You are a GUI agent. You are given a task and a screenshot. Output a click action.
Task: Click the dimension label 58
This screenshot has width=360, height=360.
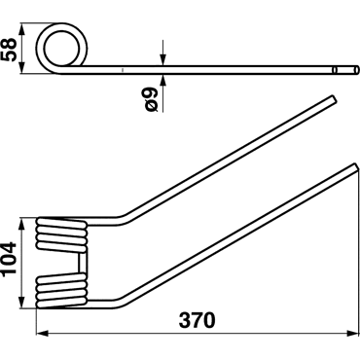pyautogui.click(x=9, y=49)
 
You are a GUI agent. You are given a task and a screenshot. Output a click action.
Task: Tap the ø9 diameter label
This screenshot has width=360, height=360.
pyautogui.click(x=151, y=99)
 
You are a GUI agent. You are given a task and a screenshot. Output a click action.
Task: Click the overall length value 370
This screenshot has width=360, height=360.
pyautogui.click(x=197, y=320)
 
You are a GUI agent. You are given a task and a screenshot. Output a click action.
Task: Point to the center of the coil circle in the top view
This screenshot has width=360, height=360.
pyautogui.click(x=61, y=49)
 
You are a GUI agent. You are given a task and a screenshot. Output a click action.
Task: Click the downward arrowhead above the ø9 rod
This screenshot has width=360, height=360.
pyautogui.click(x=162, y=59)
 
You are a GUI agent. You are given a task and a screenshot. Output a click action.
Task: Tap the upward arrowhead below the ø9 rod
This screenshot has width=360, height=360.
pyautogui.click(x=162, y=81)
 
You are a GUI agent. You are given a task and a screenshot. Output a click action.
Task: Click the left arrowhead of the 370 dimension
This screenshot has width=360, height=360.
pyautogui.click(x=42, y=334)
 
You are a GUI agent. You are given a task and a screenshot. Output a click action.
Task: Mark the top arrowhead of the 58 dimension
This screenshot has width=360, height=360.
pyautogui.click(x=21, y=29)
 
